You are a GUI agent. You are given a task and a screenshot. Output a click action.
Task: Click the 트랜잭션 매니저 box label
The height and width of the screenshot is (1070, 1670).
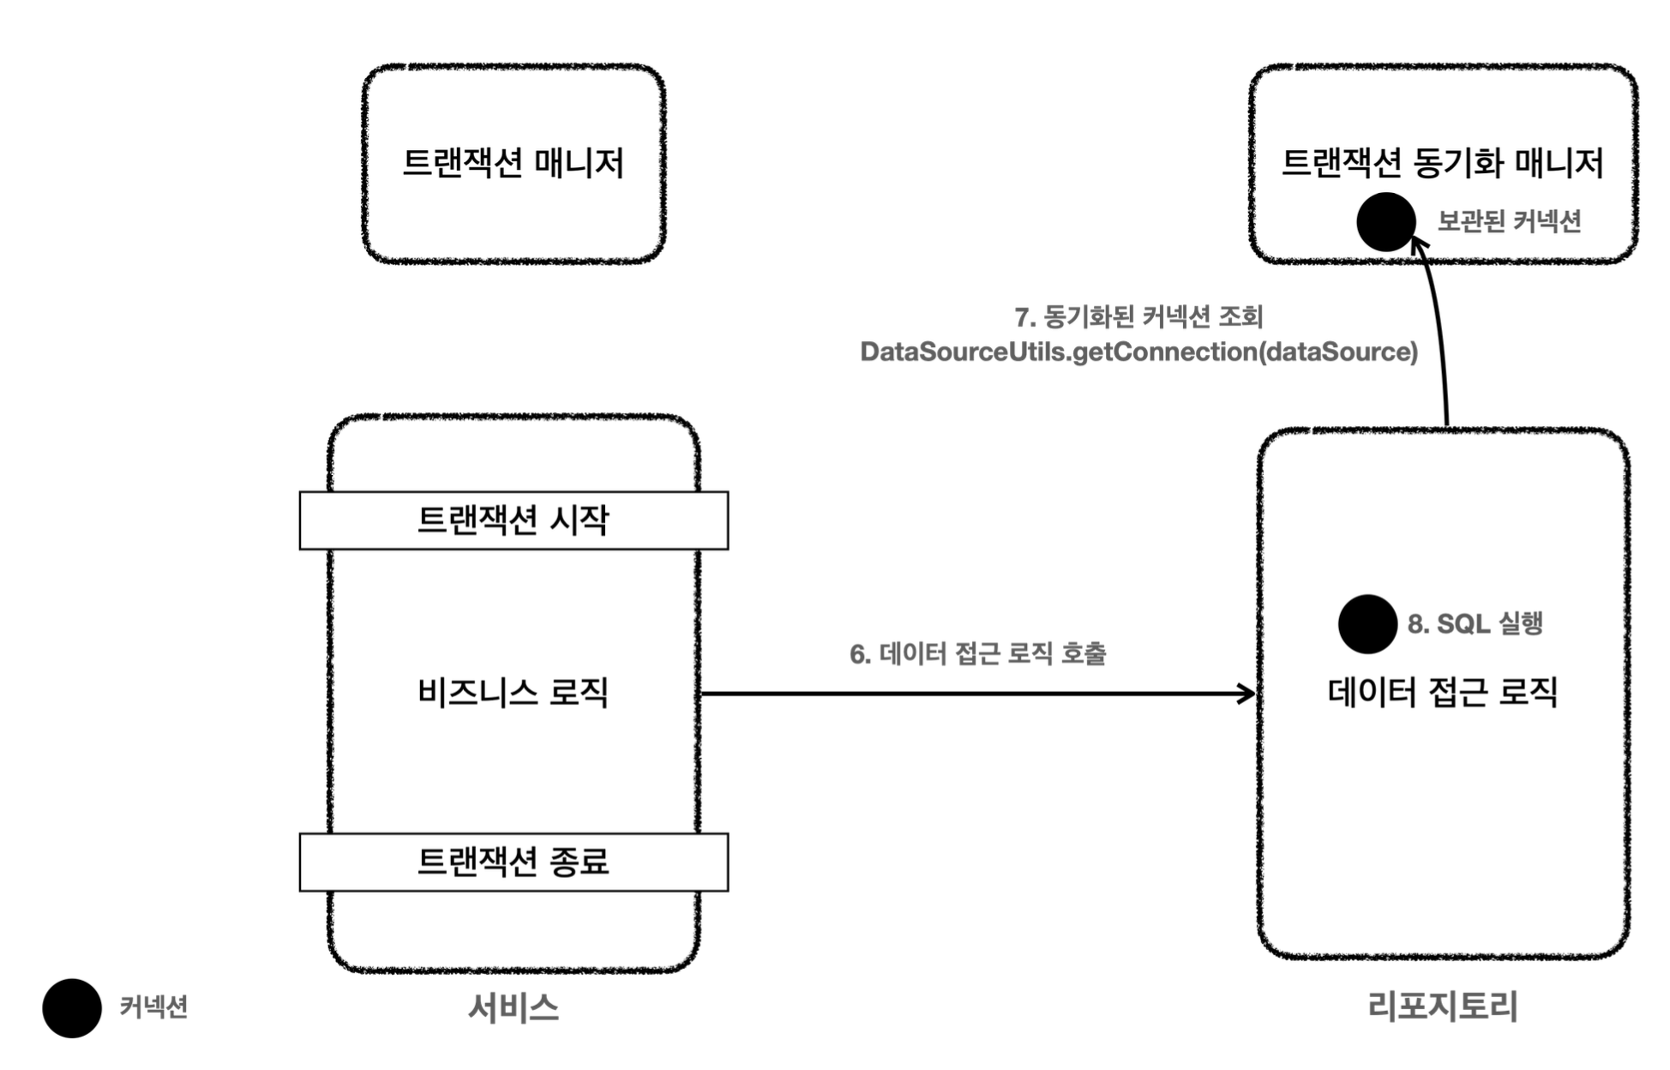point(513,163)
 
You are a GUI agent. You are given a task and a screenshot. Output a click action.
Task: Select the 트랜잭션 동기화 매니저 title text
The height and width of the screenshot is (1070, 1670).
point(1442,163)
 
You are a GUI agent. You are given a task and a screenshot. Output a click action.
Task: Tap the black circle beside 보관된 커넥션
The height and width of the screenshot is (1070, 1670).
point(1385,221)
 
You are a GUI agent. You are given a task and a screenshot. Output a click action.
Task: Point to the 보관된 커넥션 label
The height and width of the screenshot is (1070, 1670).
point(1509,222)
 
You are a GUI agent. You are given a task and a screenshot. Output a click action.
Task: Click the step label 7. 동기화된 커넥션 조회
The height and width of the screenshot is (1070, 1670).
point(1138,317)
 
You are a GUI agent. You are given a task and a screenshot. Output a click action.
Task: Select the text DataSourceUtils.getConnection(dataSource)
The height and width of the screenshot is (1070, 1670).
point(1138,352)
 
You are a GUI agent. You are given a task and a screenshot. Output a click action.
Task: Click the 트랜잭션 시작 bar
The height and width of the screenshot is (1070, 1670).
point(513,520)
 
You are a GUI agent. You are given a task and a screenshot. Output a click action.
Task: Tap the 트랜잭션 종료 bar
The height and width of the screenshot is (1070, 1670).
point(513,862)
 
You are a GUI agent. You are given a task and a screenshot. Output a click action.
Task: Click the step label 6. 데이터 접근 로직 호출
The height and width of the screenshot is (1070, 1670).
point(977,654)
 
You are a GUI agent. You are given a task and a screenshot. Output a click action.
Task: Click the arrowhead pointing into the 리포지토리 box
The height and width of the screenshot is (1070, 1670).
point(1248,694)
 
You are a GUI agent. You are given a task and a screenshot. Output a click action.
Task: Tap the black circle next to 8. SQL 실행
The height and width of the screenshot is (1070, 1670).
point(1367,624)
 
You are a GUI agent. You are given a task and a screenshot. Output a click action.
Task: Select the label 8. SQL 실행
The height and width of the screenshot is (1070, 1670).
point(1475,623)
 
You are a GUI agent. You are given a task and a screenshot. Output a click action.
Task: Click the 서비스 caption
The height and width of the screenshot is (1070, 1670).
point(513,1007)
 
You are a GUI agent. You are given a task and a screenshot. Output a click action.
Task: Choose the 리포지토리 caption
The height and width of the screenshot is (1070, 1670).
point(1442,1006)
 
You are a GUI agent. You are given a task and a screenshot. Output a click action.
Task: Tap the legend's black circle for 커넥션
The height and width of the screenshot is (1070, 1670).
point(72,1008)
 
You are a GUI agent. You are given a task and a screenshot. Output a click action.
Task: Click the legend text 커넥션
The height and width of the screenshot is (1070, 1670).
point(153,1007)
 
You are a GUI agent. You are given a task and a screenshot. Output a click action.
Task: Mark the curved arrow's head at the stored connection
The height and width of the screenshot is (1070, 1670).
point(1420,245)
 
